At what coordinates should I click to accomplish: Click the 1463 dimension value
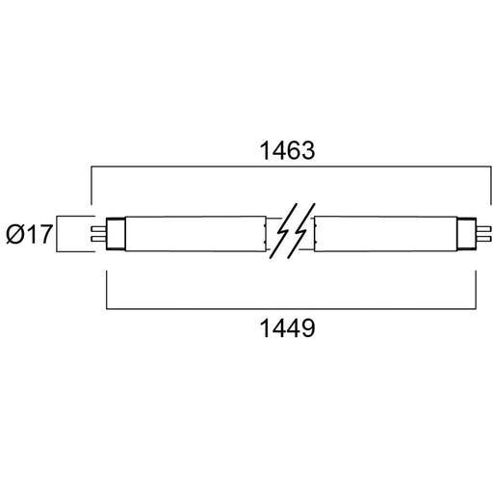(287, 150)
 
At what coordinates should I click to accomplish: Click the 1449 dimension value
(287, 328)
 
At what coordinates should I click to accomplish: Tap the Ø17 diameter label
(29, 234)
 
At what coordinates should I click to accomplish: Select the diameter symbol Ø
(15, 234)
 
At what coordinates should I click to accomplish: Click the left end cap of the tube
(116, 234)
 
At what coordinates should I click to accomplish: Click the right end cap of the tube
(467, 234)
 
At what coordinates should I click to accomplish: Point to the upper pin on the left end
(98, 229)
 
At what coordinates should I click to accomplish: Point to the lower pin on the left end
(98, 239)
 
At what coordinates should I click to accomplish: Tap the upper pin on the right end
(483, 229)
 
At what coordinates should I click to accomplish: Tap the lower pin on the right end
(483, 239)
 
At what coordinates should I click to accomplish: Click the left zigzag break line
(283, 231)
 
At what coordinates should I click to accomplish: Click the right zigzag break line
(301, 231)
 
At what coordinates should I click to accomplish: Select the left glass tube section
(195, 234)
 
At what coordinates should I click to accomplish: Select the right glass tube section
(386, 234)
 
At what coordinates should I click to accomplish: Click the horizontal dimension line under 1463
(291, 167)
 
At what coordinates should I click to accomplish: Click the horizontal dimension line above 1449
(291, 309)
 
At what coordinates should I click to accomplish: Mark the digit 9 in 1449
(308, 328)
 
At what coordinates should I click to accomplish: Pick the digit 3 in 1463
(308, 150)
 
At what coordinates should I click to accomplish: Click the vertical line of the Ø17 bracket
(57, 234)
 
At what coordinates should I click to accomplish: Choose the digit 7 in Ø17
(45, 234)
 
